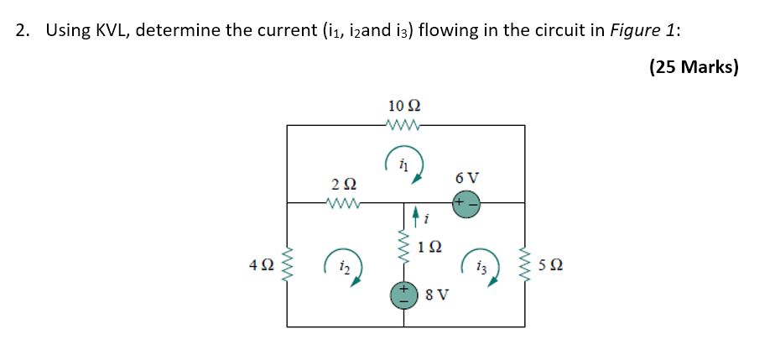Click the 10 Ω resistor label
point(404,106)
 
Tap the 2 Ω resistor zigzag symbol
point(344,201)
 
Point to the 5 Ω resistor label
point(552,265)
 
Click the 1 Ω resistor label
point(429,248)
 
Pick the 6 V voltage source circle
point(466,203)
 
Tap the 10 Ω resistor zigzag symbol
point(404,126)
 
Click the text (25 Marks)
point(693,67)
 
